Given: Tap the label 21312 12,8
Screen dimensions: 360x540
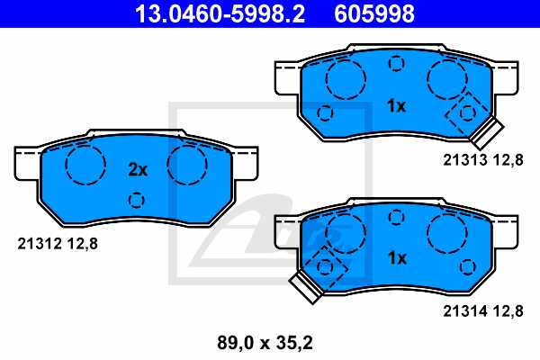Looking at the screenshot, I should coord(58,242).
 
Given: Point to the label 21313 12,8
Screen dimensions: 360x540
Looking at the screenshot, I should coord(481,160).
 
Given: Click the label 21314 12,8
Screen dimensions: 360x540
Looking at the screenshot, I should coord(481,311).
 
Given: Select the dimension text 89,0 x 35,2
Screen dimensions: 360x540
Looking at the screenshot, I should coord(267,343).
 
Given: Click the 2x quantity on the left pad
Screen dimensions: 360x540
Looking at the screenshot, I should coord(137,169).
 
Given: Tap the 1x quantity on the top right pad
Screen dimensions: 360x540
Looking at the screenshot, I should coord(396,106).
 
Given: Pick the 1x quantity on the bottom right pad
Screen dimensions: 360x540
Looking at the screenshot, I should coord(396,257).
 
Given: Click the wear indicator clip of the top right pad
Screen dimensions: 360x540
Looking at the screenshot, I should coord(487,134).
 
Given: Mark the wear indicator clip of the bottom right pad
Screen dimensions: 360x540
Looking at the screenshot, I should coord(303,286).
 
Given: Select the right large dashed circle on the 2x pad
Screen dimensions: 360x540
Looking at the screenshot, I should coord(187,163).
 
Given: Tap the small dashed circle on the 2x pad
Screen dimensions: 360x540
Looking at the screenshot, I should coord(137,200).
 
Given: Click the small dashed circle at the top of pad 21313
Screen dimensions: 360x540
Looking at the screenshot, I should coord(396,63).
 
